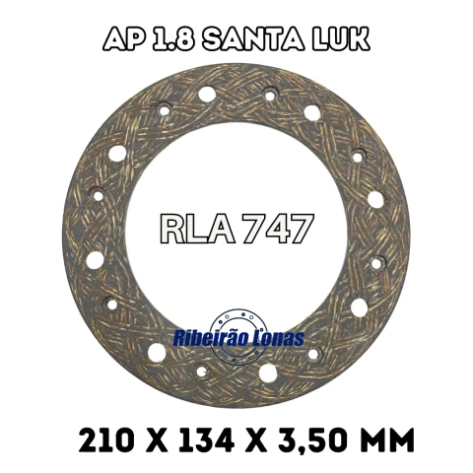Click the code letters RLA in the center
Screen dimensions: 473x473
point(199,229)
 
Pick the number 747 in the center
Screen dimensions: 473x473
point(278,229)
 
